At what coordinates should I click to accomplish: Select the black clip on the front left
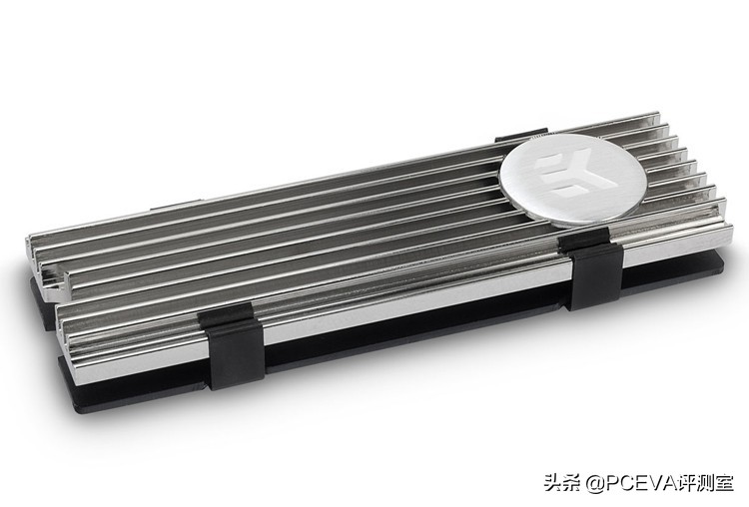232,347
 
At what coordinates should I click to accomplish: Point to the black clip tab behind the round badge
520,135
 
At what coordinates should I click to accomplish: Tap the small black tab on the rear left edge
173,207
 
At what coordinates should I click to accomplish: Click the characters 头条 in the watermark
562,482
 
